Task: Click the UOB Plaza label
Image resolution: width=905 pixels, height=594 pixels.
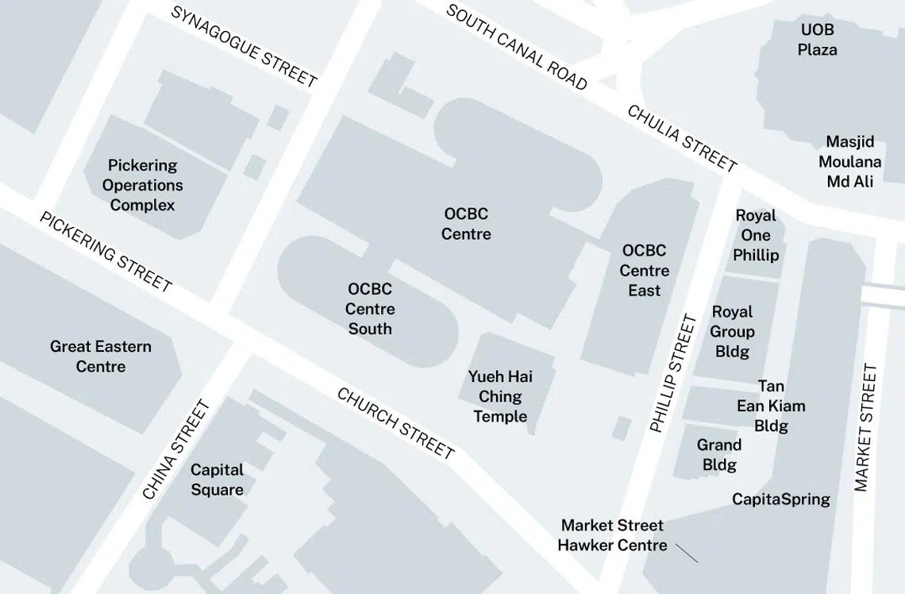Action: (x=817, y=40)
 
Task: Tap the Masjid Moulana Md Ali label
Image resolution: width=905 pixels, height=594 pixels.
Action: (x=849, y=162)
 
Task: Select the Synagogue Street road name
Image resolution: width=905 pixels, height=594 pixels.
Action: (x=244, y=47)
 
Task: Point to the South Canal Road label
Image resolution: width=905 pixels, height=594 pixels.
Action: (x=516, y=47)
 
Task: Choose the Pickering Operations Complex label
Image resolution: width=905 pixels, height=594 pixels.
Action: (x=143, y=185)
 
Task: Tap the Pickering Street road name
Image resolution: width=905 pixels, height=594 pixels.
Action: (x=106, y=251)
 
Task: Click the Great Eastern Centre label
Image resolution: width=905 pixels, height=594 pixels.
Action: (x=101, y=357)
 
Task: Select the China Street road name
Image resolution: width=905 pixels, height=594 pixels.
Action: (x=176, y=449)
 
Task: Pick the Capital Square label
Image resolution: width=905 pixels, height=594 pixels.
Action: (x=217, y=480)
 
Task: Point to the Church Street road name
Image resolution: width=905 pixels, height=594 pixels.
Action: (x=395, y=423)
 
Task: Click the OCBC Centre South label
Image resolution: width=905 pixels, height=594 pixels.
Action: (x=370, y=309)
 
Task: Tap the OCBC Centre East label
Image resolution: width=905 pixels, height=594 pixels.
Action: (x=644, y=271)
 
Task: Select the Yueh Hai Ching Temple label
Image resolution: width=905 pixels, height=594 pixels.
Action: (x=500, y=396)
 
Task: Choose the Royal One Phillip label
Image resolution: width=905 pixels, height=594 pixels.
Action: (x=756, y=235)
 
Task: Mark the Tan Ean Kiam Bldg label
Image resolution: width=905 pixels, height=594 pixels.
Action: (x=771, y=406)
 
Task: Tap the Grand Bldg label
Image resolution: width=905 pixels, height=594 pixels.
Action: (x=719, y=455)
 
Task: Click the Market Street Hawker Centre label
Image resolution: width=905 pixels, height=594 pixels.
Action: (x=611, y=535)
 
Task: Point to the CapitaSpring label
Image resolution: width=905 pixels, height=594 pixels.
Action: (x=780, y=499)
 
